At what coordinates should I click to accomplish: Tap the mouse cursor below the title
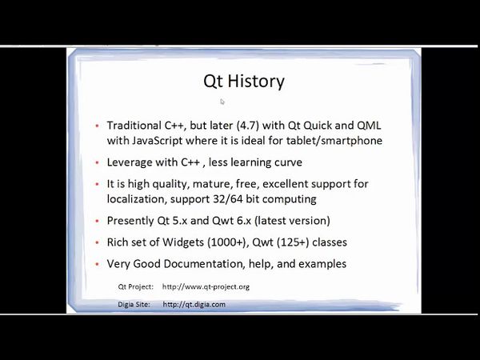click(x=222, y=102)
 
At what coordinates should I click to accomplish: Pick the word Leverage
click(x=132, y=162)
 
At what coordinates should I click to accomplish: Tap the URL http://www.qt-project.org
click(x=206, y=286)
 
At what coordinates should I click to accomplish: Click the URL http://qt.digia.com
click(x=194, y=304)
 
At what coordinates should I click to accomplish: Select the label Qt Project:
click(x=135, y=286)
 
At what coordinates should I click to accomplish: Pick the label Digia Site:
click(x=135, y=304)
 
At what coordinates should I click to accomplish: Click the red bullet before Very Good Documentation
click(x=97, y=264)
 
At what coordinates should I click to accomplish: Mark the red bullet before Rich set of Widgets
click(x=97, y=242)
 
